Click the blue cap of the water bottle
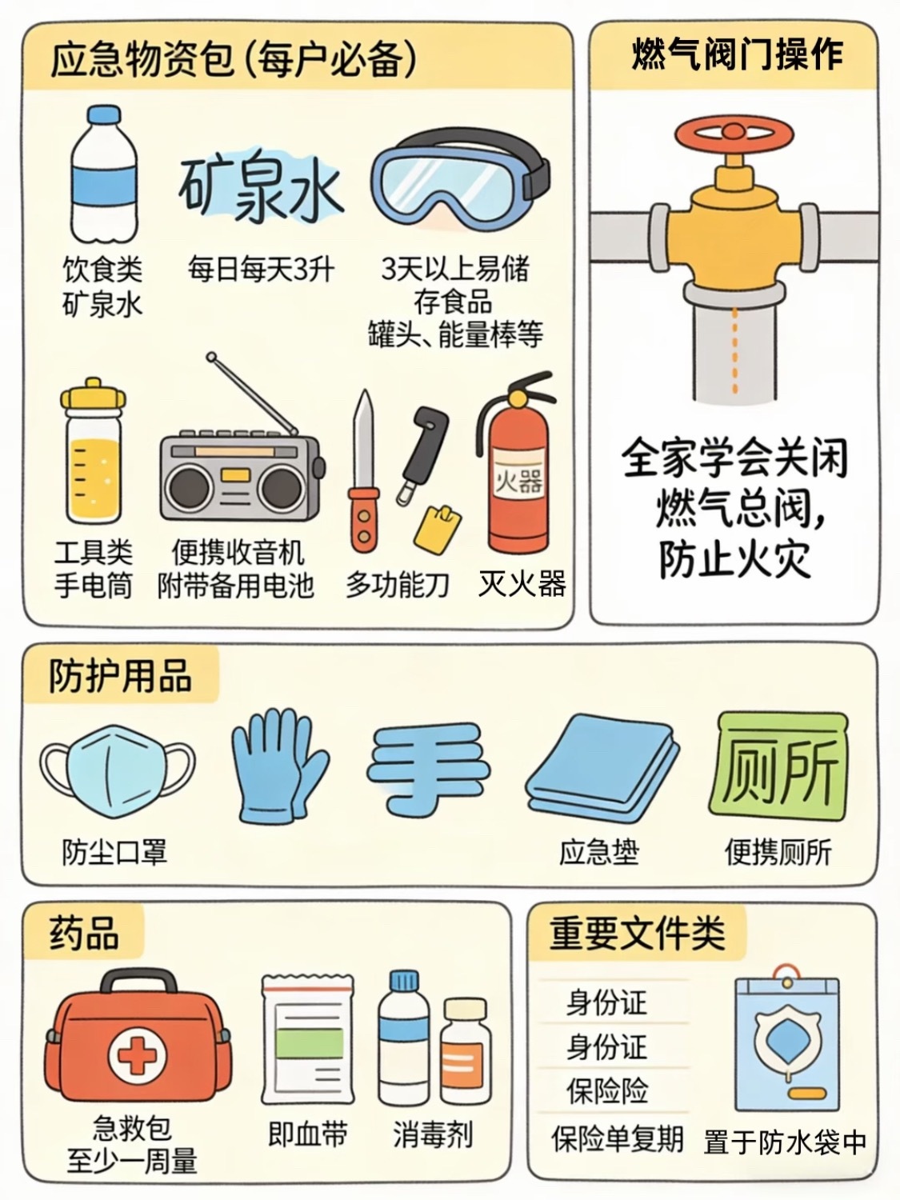point(104,115)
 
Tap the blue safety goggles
point(461,181)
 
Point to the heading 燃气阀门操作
point(737,55)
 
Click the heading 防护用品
point(121,677)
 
